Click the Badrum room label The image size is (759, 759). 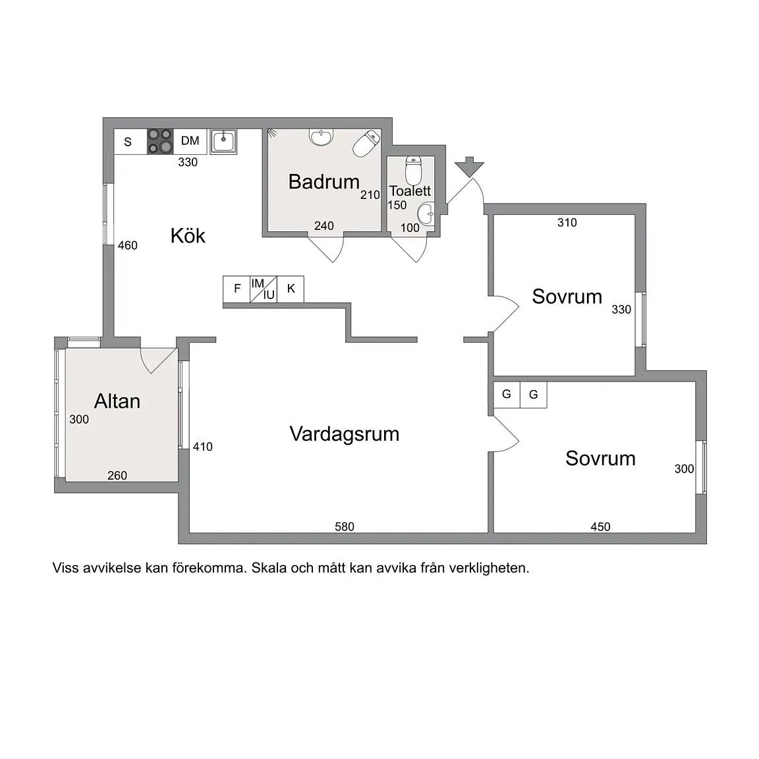[324, 182]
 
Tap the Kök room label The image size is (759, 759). [188, 235]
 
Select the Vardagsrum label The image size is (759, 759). [344, 434]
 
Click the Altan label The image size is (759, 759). [117, 401]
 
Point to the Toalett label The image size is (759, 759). [410, 190]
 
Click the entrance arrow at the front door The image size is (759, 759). [469, 167]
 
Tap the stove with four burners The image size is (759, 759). [160, 141]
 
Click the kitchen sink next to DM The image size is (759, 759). [223, 141]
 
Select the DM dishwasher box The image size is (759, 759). [190, 141]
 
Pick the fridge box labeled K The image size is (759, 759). [291, 289]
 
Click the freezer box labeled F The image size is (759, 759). [237, 289]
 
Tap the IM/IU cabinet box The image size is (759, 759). [264, 289]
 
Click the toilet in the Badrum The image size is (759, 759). [366, 143]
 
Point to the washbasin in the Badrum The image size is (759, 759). [322, 137]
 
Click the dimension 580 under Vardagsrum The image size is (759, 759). [345, 526]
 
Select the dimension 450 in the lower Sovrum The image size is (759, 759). [600, 526]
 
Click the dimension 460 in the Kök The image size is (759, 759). [128, 245]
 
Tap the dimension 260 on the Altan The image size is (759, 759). [117, 475]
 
